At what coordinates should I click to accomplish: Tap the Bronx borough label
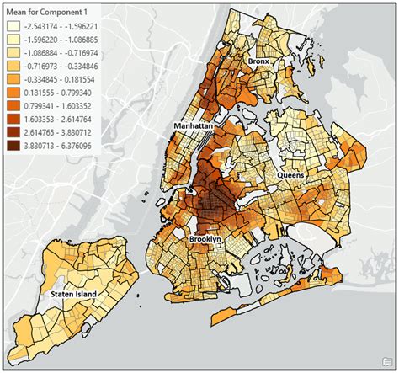tap(258, 62)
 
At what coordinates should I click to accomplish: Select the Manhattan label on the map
tap(193, 125)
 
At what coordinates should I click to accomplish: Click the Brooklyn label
tap(204, 239)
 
